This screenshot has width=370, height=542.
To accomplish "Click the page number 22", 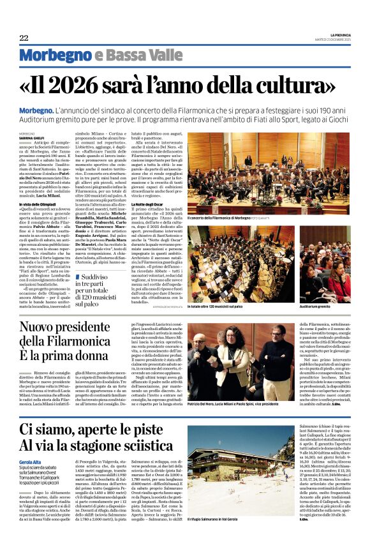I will (x=24, y=38).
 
